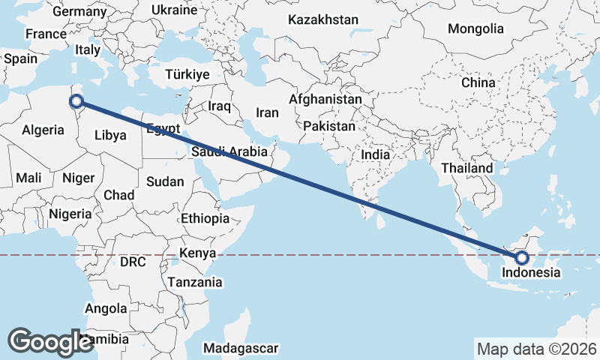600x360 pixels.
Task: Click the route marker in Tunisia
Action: tap(76, 100)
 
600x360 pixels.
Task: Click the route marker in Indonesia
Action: tap(522, 259)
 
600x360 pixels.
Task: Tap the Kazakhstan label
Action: tap(323, 19)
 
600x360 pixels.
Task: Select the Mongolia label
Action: tap(475, 28)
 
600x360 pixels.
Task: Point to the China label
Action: tap(478, 82)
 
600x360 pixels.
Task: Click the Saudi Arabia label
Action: tap(229, 151)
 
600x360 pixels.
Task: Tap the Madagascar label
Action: tap(241, 348)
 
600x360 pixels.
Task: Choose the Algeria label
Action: tap(42, 130)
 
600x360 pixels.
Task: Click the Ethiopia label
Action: tap(205, 218)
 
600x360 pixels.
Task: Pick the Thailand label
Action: tap(466, 168)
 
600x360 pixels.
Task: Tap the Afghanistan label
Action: tap(325, 99)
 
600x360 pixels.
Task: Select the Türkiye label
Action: tap(187, 74)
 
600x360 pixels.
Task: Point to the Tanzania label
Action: tap(195, 282)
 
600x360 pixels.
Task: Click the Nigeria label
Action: tap(70, 214)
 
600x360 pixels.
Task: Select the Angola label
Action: tap(106, 308)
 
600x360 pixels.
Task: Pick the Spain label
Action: tap(20, 58)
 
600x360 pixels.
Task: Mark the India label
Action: tap(375, 154)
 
